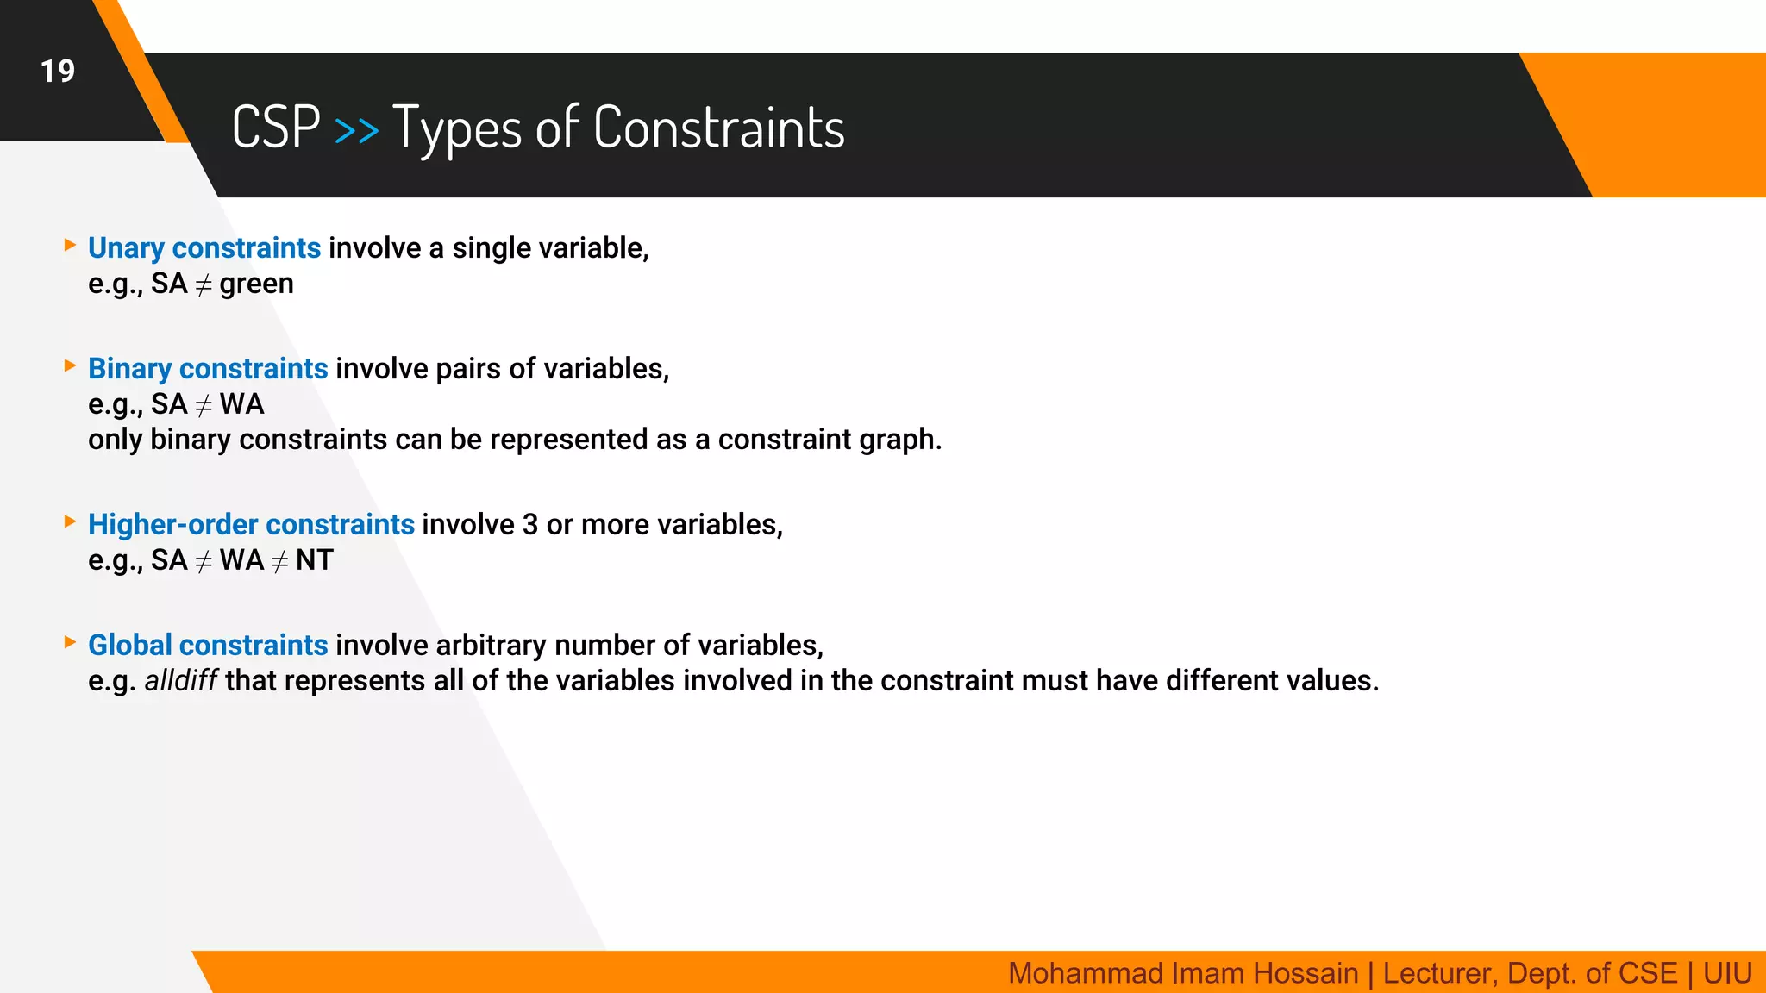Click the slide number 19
click(x=58, y=71)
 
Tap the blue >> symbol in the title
click(x=356, y=130)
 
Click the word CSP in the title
click(x=276, y=127)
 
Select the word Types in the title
click(x=456, y=128)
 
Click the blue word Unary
click(x=126, y=248)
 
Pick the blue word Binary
click(x=129, y=369)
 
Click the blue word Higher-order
click(x=172, y=524)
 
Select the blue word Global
click(x=129, y=645)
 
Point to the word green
click(x=256, y=284)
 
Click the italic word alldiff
click(x=181, y=681)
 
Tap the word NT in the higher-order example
click(x=314, y=560)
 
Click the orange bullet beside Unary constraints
click(x=71, y=246)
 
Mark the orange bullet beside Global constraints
click(x=71, y=642)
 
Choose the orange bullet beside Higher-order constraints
click(x=71, y=521)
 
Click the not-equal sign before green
click(x=204, y=284)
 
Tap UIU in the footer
click(x=1727, y=973)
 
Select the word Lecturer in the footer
click(x=1437, y=973)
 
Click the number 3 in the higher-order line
click(x=530, y=524)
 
